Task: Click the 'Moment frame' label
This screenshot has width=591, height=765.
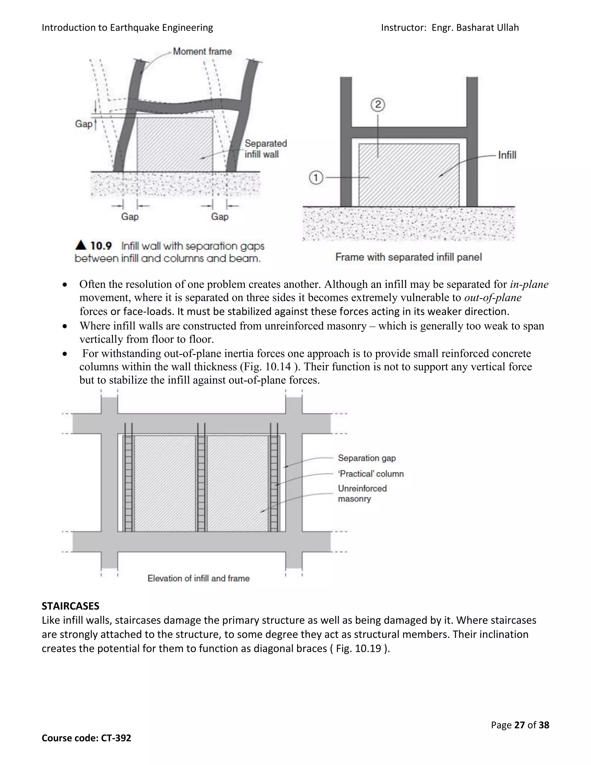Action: pyautogui.click(x=202, y=51)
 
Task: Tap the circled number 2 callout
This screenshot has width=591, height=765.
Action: pyautogui.click(x=377, y=105)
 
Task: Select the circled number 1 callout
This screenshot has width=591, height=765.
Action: pyautogui.click(x=316, y=178)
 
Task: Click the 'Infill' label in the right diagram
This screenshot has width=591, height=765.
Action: pyautogui.click(x=507, y=155)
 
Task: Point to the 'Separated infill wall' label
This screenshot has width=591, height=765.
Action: pyautogui.click(x=265, y=149)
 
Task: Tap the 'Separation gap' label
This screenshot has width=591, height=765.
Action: pyautogui.click(x=366, y=458)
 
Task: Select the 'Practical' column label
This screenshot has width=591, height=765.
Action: pyautogui.click(x=371, y=474)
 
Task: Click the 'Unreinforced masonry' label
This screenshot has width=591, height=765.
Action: pyautogui.click(x=362, y=494)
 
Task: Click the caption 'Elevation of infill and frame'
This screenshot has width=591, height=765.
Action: pyautogui.click(x=199, y=578)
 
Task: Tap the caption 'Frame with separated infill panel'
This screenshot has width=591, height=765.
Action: pyautogui.click(x=408, y=257)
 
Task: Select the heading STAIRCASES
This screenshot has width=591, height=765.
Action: pyautogui.click(x=70, y=606)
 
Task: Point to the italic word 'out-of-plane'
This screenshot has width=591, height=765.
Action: pyautogui.click(x=493, y=298)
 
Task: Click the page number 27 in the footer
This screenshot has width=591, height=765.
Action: pyautogui.click(x=519, y=725)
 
